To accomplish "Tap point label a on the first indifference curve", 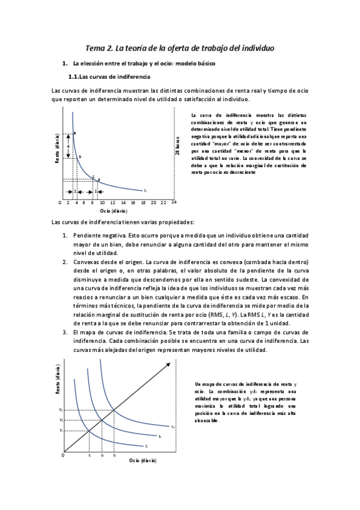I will point(75,132).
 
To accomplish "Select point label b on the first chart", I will point(79,156).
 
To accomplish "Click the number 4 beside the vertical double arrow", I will point(69,146).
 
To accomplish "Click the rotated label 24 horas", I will point(178,146).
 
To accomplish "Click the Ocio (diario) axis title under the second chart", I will point(142,460).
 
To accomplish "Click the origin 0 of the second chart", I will point(61,455).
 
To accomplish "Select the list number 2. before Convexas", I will point(65,262).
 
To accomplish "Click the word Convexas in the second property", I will point(89,262).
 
